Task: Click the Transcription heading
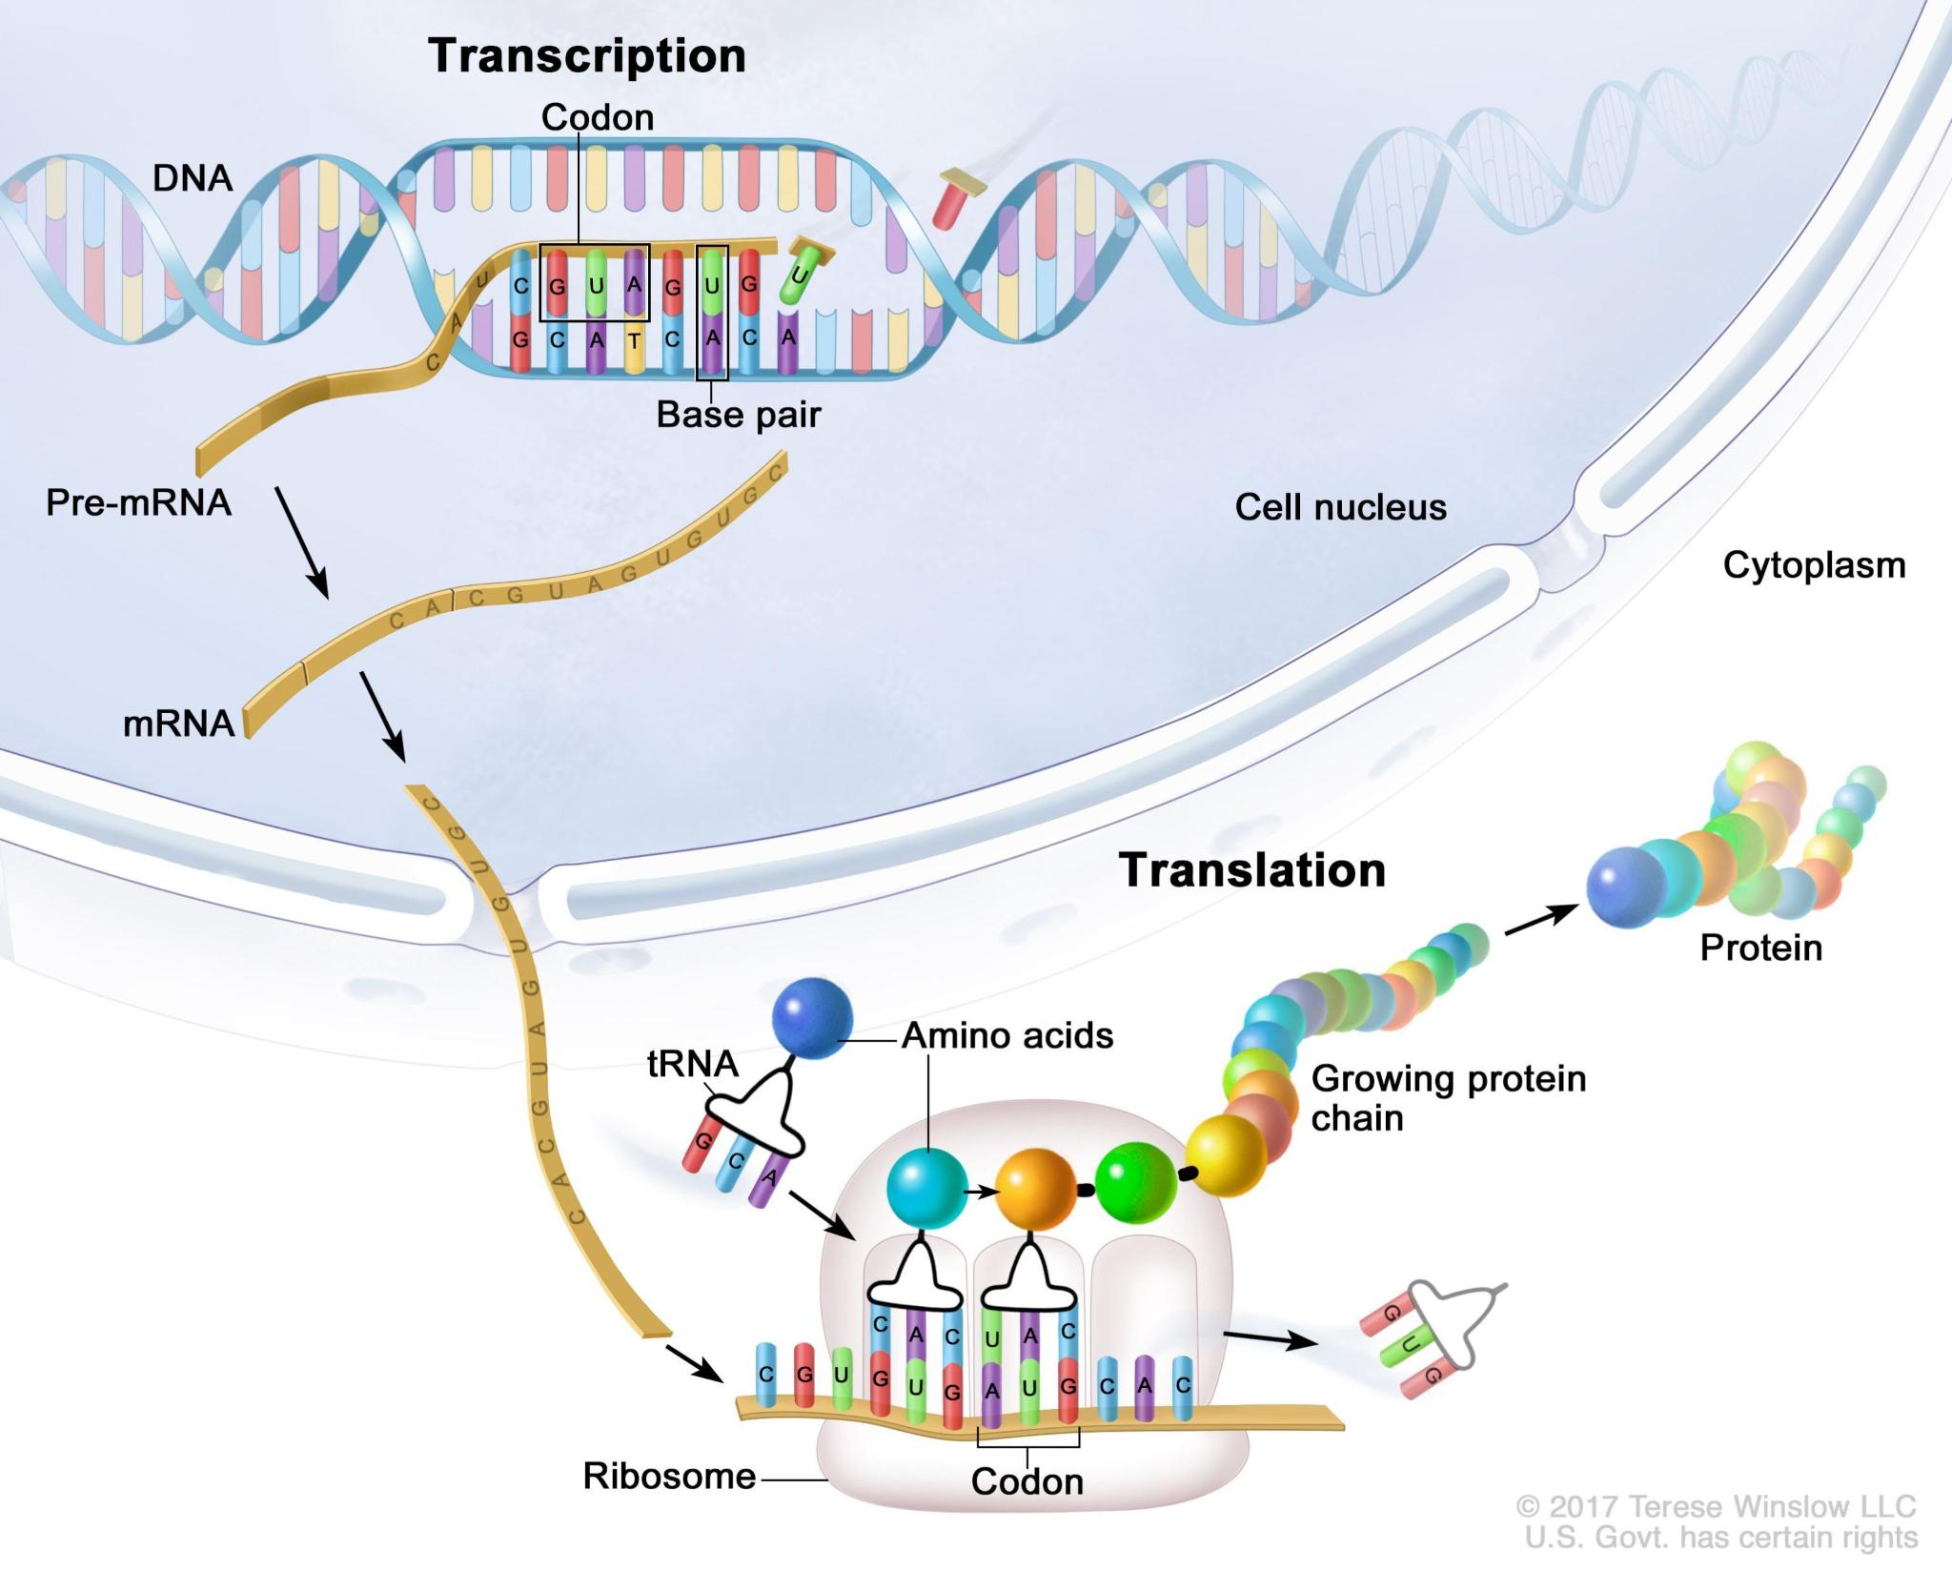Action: [586, 56]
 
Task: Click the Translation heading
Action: [1251, 870]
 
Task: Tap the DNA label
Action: [193, 178]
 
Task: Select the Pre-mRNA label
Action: [138, 502]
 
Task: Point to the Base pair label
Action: [738, 415]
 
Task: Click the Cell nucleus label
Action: [1340, 507]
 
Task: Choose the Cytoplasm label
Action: [1814, 565]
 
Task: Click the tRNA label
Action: [693, 1064]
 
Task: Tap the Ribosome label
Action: [669, 1476]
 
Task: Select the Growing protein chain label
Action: [1448, 1098]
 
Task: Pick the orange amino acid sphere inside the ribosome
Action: [1036, 1189]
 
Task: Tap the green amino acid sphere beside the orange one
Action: [1135, 1186]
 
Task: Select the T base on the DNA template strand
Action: [635, 340]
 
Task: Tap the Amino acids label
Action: [1007, 1036]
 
